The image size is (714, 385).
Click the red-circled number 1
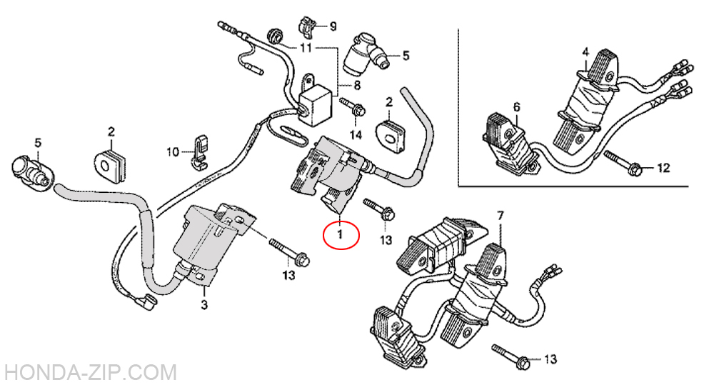click(x=340, y=235)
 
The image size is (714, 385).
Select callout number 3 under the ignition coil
click(x=204, y=304)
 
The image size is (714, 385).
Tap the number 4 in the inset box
click(x=585, y=52)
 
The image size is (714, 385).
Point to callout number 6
click(x=516, y=107)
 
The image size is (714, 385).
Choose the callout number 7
click(x=501, y=216)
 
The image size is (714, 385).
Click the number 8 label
click(x=357, y=85)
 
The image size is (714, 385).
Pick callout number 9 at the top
click(x=333, y=26)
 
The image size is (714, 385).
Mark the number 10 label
click(x=173, y=151)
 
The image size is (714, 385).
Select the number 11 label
click(x=306, y=47)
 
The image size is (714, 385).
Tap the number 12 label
click(x=663, y=168)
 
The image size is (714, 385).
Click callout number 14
click(x=356, y=134)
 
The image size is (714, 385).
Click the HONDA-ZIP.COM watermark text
click(x=89, y=373)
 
